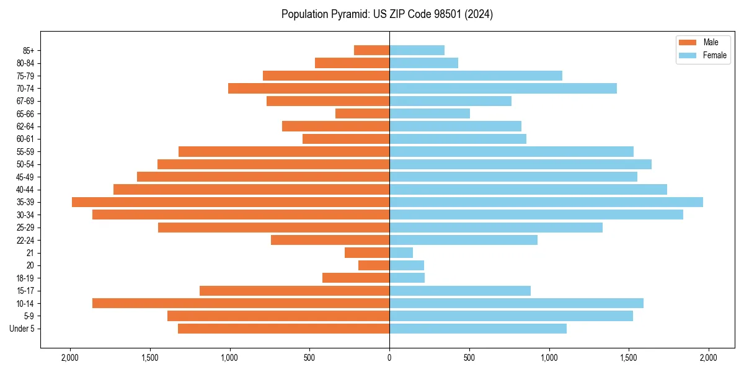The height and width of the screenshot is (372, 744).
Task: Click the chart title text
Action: point(387,14)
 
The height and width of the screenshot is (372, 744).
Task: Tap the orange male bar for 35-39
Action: point(231,202)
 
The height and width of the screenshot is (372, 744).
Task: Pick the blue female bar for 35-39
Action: point(546,202)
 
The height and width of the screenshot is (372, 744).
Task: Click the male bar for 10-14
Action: point(241,303)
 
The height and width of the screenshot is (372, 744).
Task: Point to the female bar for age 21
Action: point(401,252)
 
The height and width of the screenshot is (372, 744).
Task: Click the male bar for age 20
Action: point(374,265)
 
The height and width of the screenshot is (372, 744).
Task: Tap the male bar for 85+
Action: point(371,50)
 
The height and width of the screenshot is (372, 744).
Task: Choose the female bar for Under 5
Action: point(478,329)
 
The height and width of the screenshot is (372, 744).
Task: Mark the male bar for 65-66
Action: point(362,113)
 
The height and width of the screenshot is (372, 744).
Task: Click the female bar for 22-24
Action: point(463,240)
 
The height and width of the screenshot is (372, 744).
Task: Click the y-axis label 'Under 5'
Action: point(22,329)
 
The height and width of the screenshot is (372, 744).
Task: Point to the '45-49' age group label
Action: point(25,177)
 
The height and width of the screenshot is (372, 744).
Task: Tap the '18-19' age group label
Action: point(25,278)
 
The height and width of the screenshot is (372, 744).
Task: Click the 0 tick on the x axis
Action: point(389,358)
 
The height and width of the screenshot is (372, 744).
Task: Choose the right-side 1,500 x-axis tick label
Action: point(629,358)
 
